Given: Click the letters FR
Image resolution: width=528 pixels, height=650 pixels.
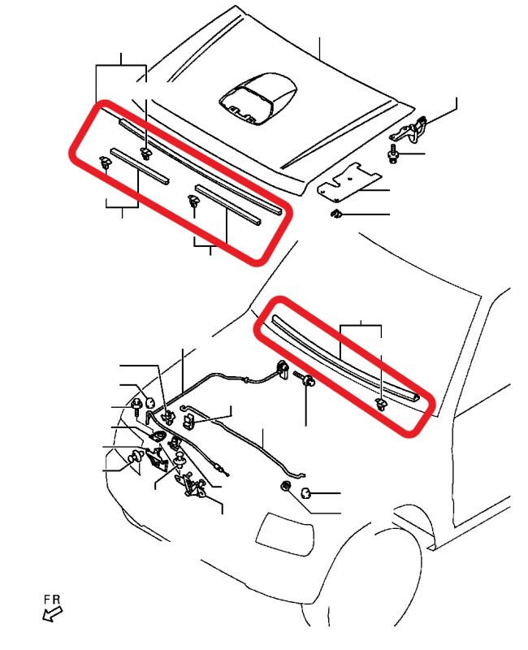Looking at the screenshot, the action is (53, 600).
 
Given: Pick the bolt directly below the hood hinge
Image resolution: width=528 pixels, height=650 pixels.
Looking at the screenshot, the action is (394, 154).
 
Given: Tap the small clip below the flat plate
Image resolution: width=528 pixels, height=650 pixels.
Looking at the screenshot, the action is (335, 214).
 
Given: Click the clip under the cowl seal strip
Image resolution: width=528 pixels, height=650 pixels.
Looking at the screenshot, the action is (381, 404).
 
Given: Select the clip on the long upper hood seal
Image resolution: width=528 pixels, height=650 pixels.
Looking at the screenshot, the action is (145, 152).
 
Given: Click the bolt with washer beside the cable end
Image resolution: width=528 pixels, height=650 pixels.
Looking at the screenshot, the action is (307, 379).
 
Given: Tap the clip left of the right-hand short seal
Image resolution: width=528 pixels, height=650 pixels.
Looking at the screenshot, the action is (194, 201).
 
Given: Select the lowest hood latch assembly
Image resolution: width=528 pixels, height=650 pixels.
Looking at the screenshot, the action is (194, 486).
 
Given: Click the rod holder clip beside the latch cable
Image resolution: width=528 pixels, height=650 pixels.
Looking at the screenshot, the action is (188, 421).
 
